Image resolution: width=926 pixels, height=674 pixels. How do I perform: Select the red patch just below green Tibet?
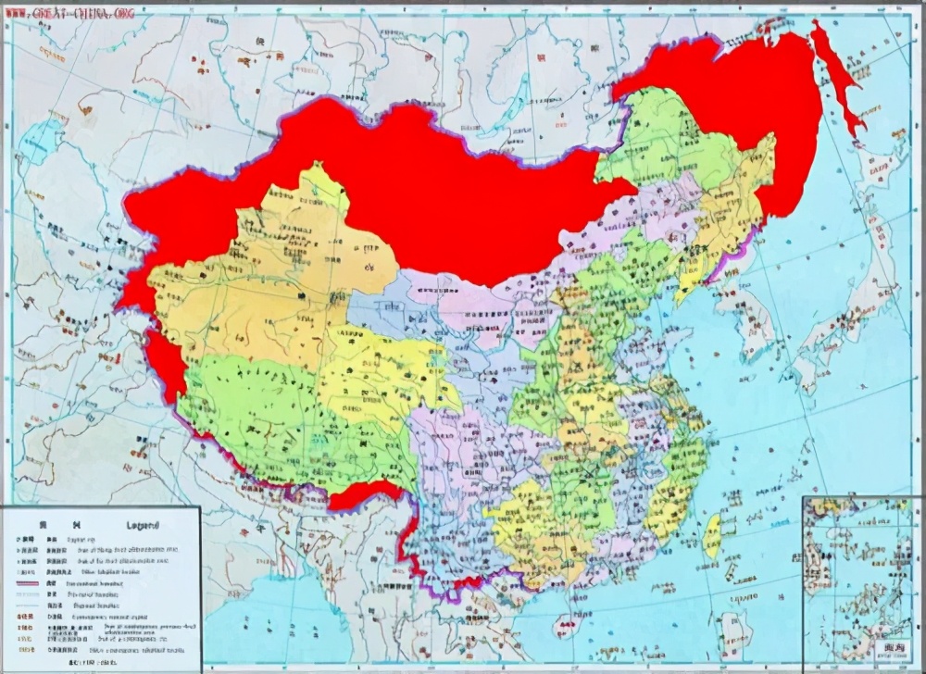coord(366,495)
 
